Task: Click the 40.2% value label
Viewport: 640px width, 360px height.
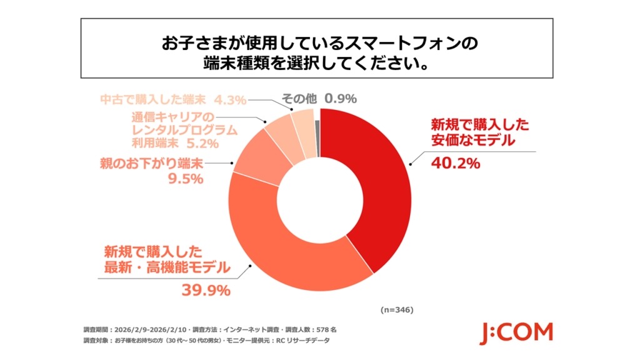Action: (x=455, y=164)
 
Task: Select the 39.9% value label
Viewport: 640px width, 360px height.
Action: (x=206, y=290)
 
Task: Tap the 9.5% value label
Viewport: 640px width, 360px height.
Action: (x=186, y=179)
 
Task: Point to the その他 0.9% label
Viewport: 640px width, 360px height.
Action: (x=318, y=98)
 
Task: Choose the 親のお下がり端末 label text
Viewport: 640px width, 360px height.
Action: (x=152, y=164)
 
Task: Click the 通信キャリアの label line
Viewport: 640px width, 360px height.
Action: (x=173, y=117)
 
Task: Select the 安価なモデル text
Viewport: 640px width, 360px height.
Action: (x=472, y=141)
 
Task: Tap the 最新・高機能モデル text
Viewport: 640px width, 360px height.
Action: (x=165, y=269)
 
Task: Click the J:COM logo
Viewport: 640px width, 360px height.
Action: (x=516, y=333)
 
